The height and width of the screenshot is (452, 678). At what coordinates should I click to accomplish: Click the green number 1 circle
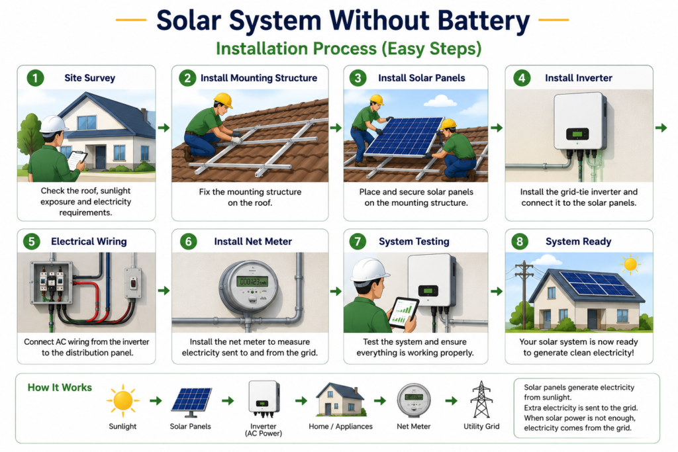pyautogui.click(x=35, y=78)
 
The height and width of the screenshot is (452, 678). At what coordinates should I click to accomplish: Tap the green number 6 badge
pyautogui.click(x=188, y=242)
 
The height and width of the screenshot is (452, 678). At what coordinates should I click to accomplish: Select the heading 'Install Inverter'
pyautogui.click(x=579, y=78)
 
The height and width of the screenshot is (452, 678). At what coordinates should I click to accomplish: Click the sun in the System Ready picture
pyautogui.click(x=630, y=264)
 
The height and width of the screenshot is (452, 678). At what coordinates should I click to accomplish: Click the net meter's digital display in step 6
pyautogui.click(x=252, y=282)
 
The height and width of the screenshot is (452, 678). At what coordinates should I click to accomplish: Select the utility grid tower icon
pyautogui.click(x=481, y=399)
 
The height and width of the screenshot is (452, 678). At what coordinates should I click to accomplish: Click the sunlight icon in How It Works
pyautogui.click(x=122, y=400)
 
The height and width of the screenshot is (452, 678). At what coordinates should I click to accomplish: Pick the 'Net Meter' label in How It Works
pyautogui.click(x=413, y=426)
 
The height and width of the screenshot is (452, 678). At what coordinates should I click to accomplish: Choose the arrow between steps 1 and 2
pyautogui.click(x=164, y=128)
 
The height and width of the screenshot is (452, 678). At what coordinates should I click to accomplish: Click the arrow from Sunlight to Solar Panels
pyautogui.click(x=156, y=401)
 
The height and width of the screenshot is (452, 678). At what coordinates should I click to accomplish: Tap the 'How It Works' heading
pyautogui.click(x=60, y=388)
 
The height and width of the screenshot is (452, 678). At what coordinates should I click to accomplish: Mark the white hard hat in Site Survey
pyautogui.click(x=53, y=125)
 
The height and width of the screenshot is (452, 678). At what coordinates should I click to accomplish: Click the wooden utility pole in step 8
pyautogui.click(x=524, y=294)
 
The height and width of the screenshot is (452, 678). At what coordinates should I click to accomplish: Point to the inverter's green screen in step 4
pyautogui.click(x=577, y=134)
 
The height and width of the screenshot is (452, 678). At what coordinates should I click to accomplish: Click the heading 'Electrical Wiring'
pyautogui.click(x=89, y=242)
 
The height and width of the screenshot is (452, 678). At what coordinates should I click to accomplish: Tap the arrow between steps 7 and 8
pyautogui.click(x=497, y=292)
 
